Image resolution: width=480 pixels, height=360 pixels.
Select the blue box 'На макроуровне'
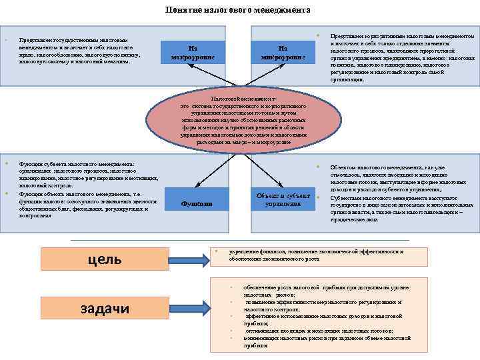coord(192,52)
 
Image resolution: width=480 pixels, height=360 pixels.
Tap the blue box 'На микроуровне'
coord(283,52)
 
